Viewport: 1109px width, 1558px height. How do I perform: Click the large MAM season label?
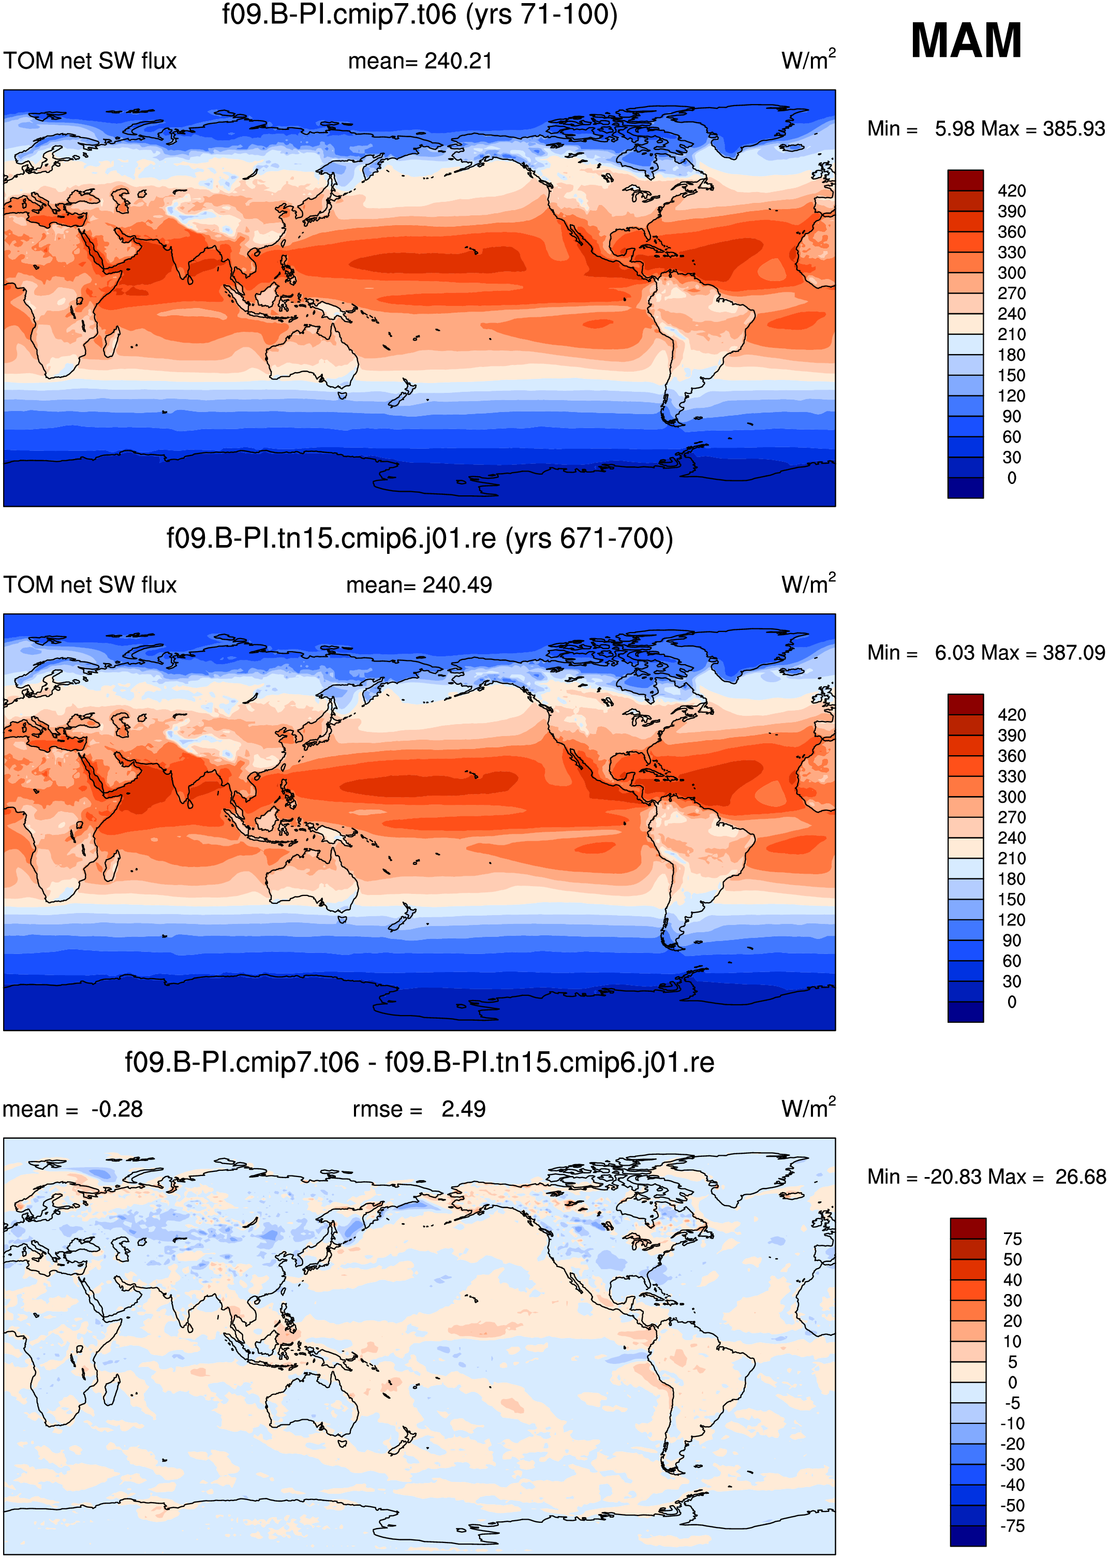tap(966, 40)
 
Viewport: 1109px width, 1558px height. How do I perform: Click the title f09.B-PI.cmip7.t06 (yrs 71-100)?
tap(419, 14)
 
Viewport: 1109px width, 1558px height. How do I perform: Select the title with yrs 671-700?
tap(419, 538)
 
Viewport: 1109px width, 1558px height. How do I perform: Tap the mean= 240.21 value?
tap(420, 61)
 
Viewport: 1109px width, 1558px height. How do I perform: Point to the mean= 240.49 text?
tap(419, 585)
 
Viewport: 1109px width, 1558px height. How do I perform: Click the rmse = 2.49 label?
tap(419, 1109)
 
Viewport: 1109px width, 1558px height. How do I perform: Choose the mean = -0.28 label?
tap(72, 1109)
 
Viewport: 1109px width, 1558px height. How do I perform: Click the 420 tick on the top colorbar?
tap(1011, 190)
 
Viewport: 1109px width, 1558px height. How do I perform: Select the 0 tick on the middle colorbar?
tap(1011, 1002)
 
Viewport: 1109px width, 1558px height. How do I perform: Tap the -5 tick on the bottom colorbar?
tap(1012, 1403)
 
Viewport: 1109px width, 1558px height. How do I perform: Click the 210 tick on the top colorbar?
tap(1011, 334)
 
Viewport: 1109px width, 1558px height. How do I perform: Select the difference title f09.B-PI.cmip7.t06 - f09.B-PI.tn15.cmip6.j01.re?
tap(419, 1062)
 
